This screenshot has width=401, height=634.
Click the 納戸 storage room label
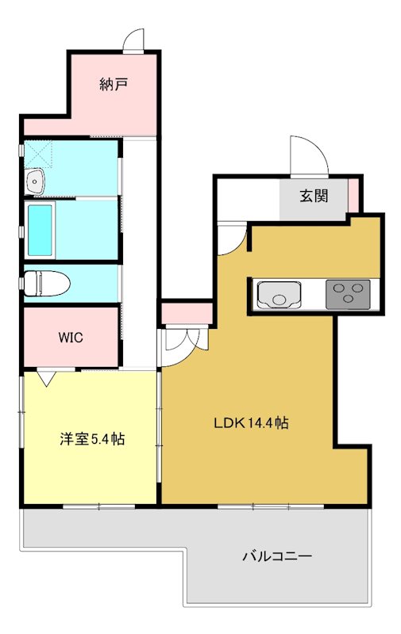coord(114,83)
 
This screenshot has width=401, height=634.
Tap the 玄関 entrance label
coord(313,197)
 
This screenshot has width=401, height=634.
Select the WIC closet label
coord(70,336)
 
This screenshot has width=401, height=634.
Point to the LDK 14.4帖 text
coord(251,423)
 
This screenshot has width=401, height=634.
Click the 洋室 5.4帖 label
coord(92,438)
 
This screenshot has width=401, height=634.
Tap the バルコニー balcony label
coord(277,556)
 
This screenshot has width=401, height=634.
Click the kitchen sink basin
coord(278,296)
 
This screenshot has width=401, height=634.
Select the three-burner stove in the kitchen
coord(349,295)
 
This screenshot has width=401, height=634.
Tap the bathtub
coord(40,230)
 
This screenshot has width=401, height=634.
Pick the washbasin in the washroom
coord(35,183)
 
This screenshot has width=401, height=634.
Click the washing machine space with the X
coord(39,153)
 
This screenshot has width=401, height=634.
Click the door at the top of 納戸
coord(135,40)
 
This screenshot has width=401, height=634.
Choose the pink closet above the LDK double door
coord(187,314)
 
